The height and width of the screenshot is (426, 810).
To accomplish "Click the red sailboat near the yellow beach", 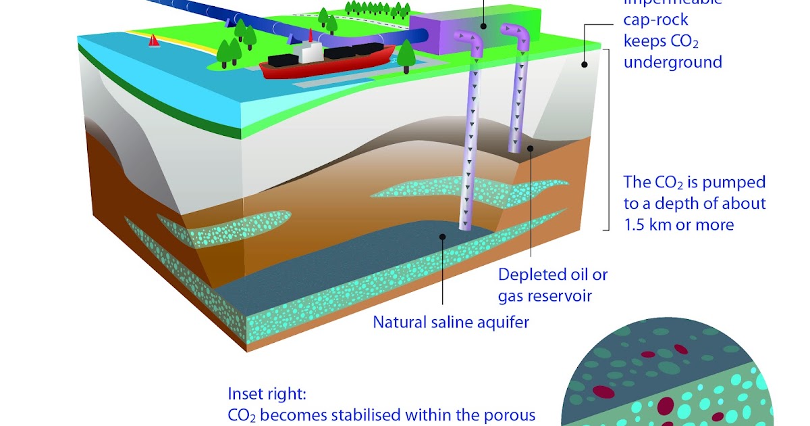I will (155, 41).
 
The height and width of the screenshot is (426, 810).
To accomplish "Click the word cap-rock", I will (655, 20).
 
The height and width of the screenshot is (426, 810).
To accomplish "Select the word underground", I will (672, 62).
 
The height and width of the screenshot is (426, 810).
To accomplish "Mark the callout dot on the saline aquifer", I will (442, 237).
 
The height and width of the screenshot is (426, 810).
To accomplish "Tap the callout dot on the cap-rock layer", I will (583, 65).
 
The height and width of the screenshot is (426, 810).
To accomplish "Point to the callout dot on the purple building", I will (483, 26).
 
